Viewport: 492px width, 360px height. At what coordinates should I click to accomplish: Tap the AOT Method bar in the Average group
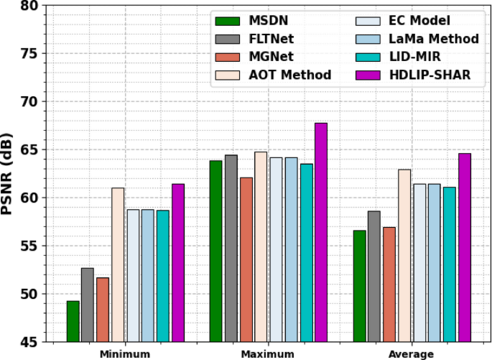click(x=404, y=255)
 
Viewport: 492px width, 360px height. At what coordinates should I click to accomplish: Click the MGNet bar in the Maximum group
click(x=246, y=259)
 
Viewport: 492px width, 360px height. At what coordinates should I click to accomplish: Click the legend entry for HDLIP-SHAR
click(x=433, y=75)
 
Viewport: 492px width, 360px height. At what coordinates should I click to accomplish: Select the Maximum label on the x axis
click(x=268, y=354)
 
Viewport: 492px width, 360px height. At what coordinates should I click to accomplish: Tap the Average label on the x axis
click(x=411, y=354)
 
